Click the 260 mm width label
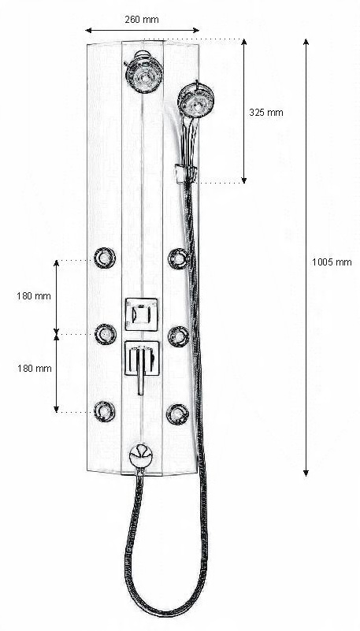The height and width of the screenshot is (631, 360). [x=142, y=20]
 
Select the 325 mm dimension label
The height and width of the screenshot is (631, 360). [x=266, y=113]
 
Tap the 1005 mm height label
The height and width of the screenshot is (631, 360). [x=332, y=262]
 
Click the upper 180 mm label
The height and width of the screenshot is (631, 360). [x=34, y=296]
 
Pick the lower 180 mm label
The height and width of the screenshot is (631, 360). [x=34, y=368]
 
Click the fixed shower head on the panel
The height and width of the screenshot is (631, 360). [x=144, y=72]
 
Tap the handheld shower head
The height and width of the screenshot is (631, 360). [x=195, y=100]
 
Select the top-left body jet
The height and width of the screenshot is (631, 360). [x=105, y=258]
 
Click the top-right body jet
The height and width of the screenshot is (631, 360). [x=179, y=258]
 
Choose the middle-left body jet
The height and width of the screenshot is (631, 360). [x=106, y=335]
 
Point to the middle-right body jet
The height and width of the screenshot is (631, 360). [x=179, y=336]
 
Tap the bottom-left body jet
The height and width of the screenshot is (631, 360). [x=105, y=411]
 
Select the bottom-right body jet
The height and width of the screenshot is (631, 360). [x=178, y=414]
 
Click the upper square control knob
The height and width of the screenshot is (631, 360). [x=142, y=314]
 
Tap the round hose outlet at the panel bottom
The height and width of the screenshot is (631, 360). [x=141, y=456]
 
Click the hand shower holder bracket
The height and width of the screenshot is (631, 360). [x=186, y=173]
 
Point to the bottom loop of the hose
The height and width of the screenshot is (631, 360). [x=165, y=615]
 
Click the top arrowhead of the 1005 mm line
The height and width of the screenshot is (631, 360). [x=306, y=43]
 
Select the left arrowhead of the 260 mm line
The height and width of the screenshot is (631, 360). [x=89, y=30]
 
